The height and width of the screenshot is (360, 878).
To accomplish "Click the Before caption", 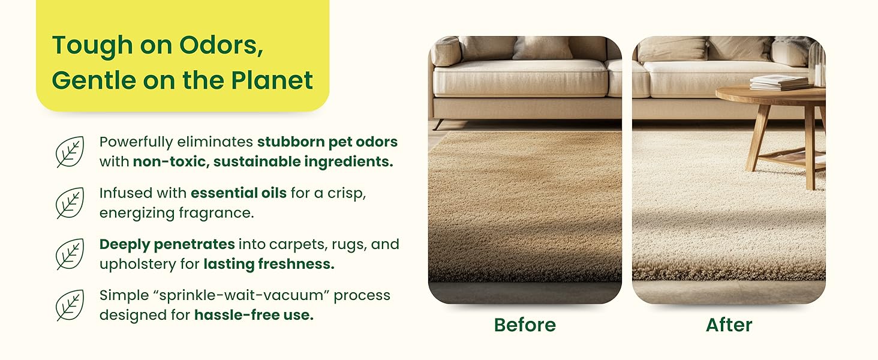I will point(525,325).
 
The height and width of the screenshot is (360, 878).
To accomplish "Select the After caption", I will point(729,325).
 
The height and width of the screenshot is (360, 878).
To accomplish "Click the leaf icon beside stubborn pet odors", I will point(70,152).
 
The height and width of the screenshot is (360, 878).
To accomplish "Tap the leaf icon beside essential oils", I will point(70,203).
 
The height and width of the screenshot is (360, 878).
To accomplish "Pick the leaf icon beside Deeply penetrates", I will point(70,254).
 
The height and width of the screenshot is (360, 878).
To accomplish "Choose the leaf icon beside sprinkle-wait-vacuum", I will point(70,305).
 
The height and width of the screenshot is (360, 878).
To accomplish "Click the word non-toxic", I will point(169,161).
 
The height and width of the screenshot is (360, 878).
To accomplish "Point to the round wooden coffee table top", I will point(771,95).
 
